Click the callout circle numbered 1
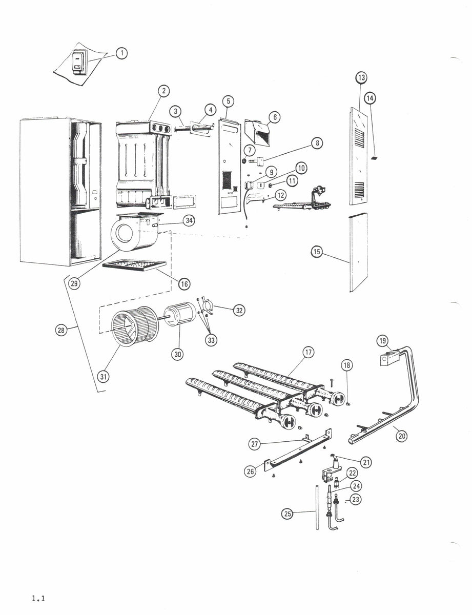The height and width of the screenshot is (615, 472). point(121,53)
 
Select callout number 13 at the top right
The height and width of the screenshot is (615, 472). point(362,78)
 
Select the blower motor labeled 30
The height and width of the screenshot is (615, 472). point(179,317)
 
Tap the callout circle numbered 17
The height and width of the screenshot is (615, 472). point(308,353)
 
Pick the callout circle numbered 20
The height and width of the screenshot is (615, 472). point(401,436)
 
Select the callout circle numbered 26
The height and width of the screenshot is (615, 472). point(250,471)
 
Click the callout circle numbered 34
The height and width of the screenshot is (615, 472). point(190,221)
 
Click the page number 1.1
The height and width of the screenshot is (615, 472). point(39,598)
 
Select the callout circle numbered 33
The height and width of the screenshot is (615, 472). point(211,340)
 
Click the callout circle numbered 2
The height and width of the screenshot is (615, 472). point(163,91)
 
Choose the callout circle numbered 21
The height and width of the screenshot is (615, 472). point(366,462)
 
